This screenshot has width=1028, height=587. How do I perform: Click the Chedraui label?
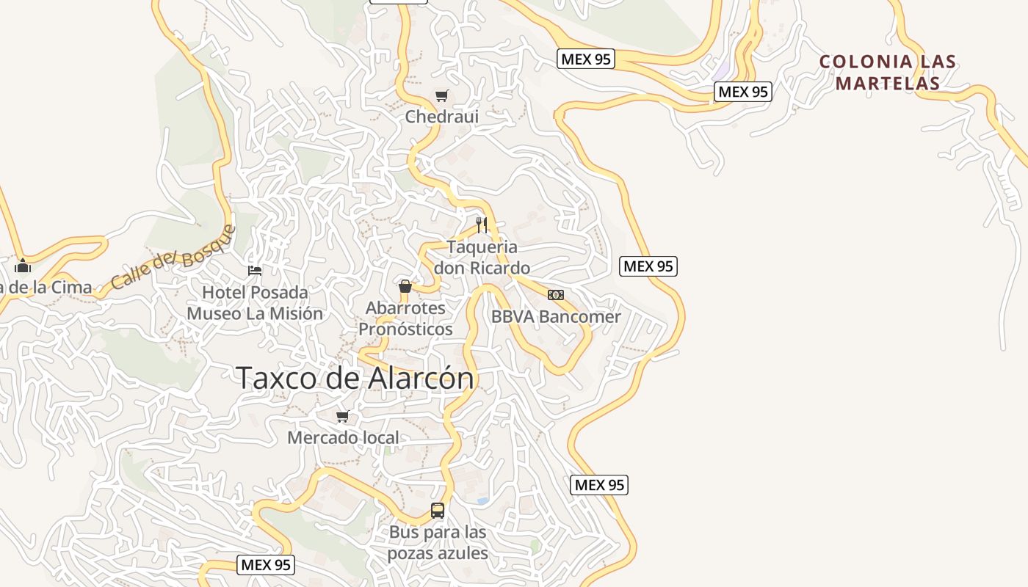(x=441, y=117)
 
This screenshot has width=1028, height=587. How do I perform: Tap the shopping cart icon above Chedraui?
(x=441, y=96)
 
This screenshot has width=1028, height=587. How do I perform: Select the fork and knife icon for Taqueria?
(x=482, y=225)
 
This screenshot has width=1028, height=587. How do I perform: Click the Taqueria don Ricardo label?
(x=482, y=257)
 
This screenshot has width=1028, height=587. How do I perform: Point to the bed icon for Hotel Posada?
(x=255, y=271)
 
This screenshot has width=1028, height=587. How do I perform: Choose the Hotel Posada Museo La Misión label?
(x=255, y=302)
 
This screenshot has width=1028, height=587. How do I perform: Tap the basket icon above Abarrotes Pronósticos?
(x=405, y=285)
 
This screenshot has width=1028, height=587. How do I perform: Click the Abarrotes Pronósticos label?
(x=405, y=318)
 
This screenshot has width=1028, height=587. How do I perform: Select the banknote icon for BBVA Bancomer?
(x=556, y=295)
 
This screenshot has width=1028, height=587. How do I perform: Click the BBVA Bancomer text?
(x=556, y=317)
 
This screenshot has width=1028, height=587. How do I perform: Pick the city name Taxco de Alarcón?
(x=355, y=379)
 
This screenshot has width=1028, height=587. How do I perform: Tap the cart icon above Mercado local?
(x=342, y=417)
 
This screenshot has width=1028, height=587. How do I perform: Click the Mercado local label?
(x=343, y=438)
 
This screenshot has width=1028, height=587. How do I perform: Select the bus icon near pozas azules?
(x=438, y=511)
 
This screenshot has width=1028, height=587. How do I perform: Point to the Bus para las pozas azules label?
(x=438, y=542)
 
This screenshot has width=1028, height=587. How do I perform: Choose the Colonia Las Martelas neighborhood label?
(x=888, y=72)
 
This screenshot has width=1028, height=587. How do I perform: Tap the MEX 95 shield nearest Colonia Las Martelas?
(x=743, y=92)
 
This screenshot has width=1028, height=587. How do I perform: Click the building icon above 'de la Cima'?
(x=23, y=266)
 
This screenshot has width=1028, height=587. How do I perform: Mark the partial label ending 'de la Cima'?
(x=46, y=288)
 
